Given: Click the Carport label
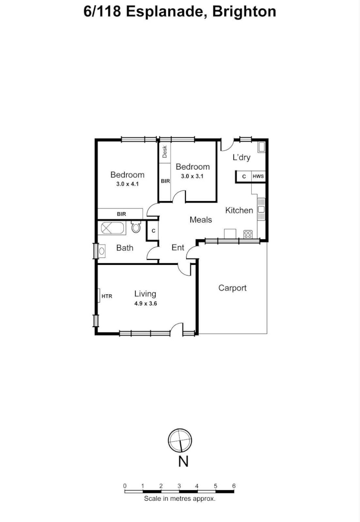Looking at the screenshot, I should [x=232, y=288].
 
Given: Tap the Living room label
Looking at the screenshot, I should [x=145, y=294].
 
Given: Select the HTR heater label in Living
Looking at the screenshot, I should [x=107, y=296].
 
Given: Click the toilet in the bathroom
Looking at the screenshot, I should [x=136, y=227].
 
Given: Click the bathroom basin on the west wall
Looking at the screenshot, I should [x=102, y=251].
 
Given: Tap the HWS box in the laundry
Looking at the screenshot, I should [x=258, y=176].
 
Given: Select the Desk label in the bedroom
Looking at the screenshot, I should [x=165, y=152].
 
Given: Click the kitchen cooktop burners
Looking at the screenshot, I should [x=248, y=234].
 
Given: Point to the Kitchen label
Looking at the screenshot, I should [x=239, y=210].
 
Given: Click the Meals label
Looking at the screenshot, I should [x=201, y=220].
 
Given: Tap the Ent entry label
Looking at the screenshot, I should [x=178, y=247].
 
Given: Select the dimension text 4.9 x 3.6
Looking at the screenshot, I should [x=146, y=304].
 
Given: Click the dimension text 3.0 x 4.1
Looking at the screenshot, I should [x=128, y=184].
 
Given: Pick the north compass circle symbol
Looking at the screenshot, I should [x=180, y=440].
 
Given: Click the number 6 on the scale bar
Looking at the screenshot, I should [x=234, y=486].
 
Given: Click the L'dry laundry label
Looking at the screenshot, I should [x=241, y=158].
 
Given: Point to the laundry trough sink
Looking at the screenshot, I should [x=261, y=147].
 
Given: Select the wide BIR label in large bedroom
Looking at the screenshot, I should [x=121, y=214].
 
